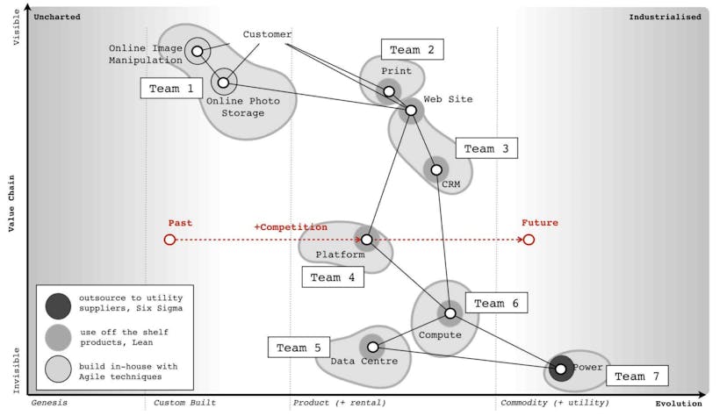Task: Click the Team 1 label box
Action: pos(171,89)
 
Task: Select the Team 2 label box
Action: pos(412,50)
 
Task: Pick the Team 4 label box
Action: pos(333,277)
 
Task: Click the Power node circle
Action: pos(560,369)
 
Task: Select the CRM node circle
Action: pos(436,169)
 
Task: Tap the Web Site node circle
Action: pos(410,111)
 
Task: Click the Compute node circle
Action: pos(450,312)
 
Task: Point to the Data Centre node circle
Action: pos(372,347)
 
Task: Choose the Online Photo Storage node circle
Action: pos(223,82)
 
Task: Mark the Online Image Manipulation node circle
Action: pos(198,52)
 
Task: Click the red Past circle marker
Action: pos(170,240)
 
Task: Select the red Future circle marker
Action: pos(529,240)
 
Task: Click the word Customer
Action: pos(267,34)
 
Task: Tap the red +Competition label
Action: pos(291,227)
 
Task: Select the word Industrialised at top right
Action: pos(665,16)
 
